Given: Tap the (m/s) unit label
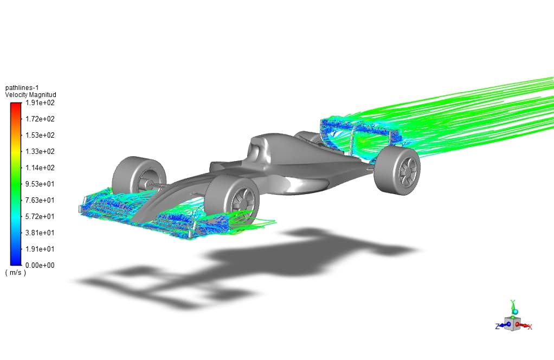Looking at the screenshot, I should click(16, 273).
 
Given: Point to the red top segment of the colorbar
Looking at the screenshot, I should click(15, 107).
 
